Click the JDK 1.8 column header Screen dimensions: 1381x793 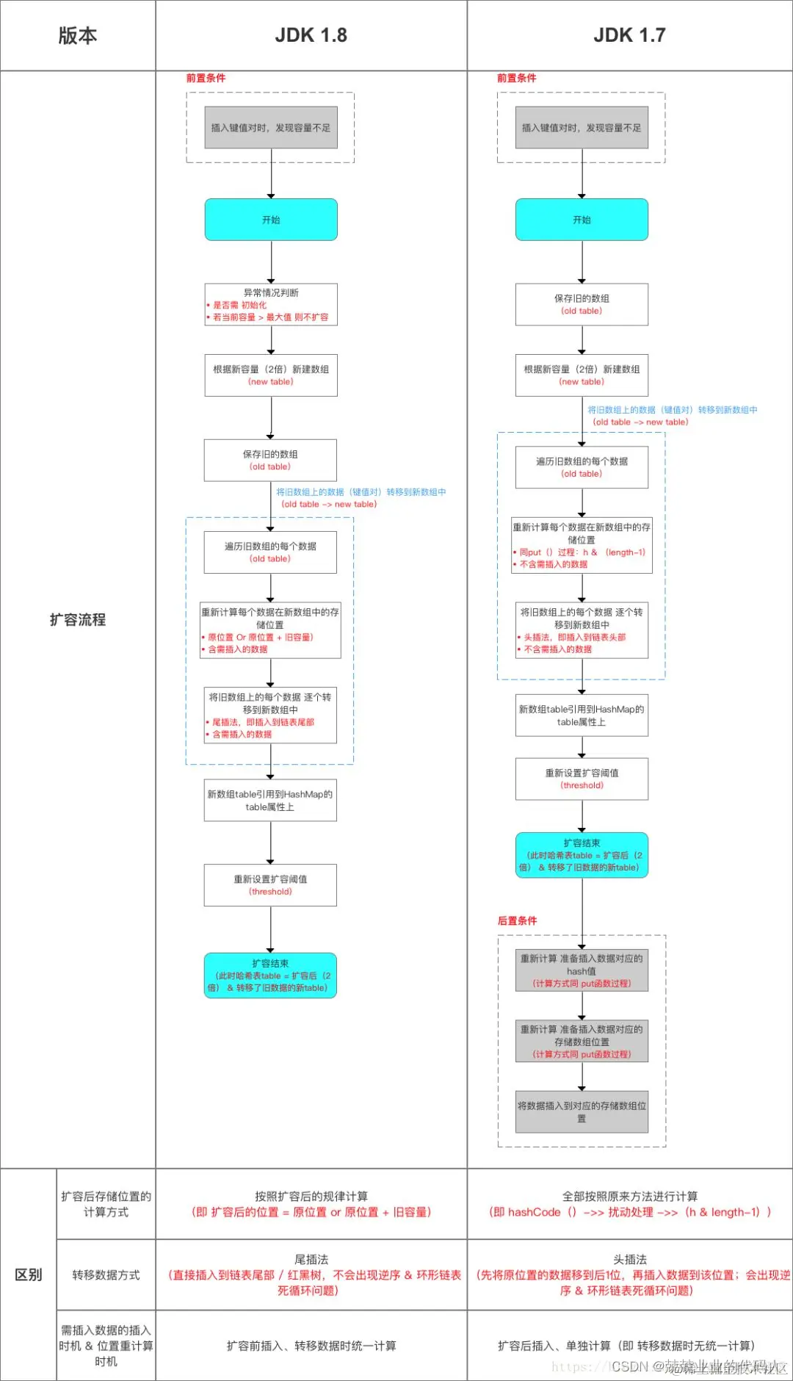click(311, 35)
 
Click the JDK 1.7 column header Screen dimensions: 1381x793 click(629, 35)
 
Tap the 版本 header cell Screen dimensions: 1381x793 click(77, 35)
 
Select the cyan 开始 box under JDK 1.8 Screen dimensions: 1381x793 click(271, 220)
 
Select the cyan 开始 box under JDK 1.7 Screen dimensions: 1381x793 click(582, 220)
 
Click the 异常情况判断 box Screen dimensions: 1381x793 click(271, 304)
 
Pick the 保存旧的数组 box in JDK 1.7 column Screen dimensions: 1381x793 click(582, 304)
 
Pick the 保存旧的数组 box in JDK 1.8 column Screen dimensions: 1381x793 click(270, 460)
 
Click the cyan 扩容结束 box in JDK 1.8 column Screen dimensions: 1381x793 click(270, 976)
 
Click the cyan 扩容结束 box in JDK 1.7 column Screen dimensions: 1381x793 click(582, 855)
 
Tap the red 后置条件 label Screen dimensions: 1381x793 click(517, 920)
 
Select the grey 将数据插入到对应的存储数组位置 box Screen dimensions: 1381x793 click(582, 1111)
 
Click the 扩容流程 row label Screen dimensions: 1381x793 click(77, 619)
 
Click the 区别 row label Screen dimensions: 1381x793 click(29, 1274)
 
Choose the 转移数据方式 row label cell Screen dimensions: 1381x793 click(106, 1274)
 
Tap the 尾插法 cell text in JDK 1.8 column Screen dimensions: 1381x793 click(311, 1259)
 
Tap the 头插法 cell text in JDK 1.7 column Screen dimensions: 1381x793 click(629, 1259)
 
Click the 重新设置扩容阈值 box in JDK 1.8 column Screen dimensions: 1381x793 click(270, 884)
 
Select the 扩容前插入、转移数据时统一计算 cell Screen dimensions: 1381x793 click(311, 1346)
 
